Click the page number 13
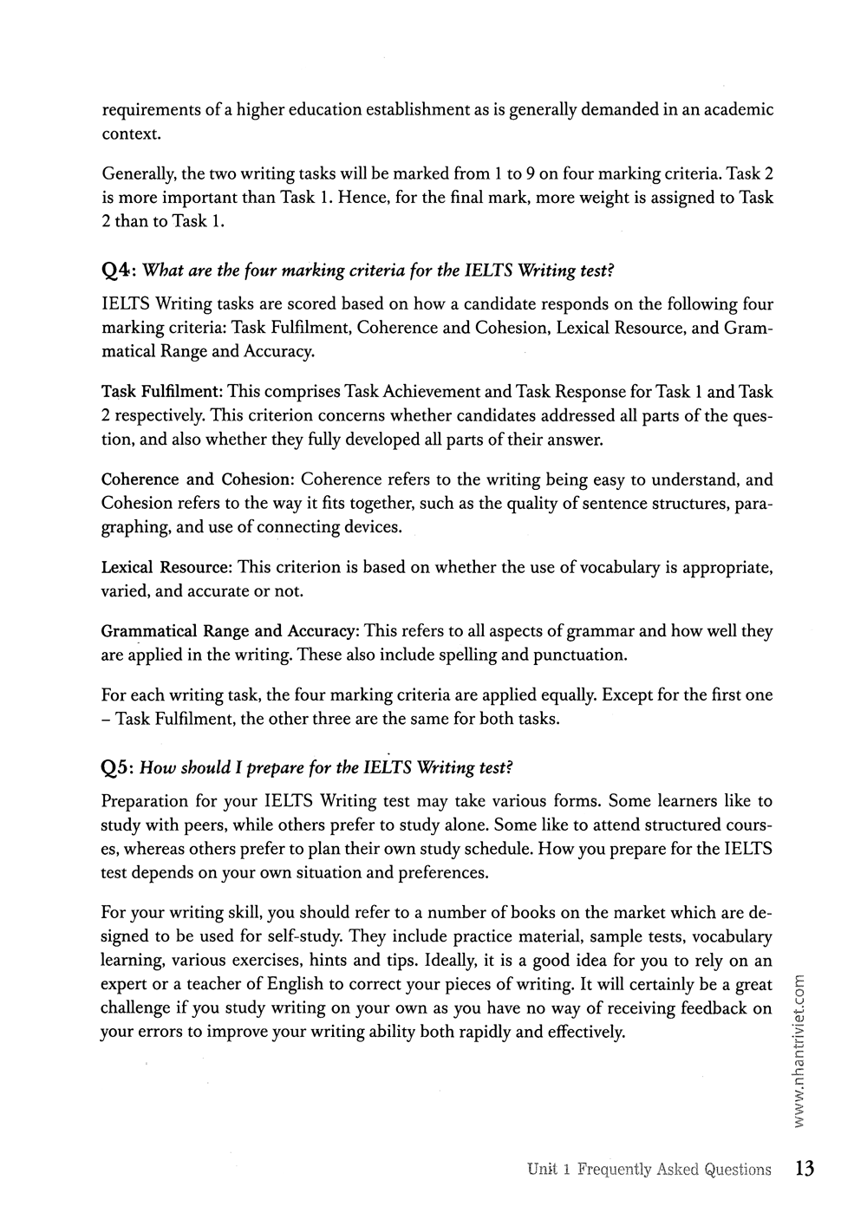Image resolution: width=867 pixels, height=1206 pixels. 804,1169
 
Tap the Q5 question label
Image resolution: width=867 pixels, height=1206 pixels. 115,767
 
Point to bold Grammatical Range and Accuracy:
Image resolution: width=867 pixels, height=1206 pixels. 231,631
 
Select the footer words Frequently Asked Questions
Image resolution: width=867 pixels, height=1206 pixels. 674,1170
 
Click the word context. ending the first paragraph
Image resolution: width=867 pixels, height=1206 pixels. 131,134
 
